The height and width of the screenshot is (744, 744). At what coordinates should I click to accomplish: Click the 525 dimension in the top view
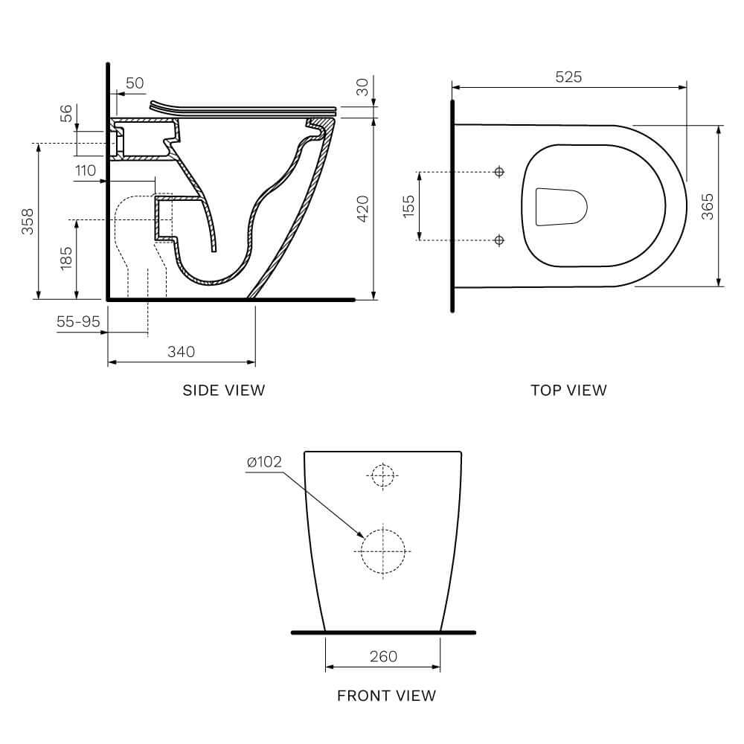point(569,77)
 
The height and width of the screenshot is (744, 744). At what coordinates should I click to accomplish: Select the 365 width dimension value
point(707,206)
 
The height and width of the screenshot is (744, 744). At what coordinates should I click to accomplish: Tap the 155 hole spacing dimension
point(408,206)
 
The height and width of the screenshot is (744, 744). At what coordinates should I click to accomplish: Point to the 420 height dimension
point(363,209)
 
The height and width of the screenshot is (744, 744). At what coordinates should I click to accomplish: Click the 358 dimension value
point(28,221)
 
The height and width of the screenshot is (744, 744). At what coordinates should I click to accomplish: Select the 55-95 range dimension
point(78,321)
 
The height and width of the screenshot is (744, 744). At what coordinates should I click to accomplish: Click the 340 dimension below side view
point(181,352)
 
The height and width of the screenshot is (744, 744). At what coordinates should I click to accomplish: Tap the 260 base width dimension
point(383,656)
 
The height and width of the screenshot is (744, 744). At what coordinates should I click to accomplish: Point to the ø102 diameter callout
point(264,462)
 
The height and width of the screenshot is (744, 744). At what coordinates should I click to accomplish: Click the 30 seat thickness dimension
point(362,88)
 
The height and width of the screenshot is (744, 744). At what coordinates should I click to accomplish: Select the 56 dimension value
point(66,113)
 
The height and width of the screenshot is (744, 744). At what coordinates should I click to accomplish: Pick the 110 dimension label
point(86,170)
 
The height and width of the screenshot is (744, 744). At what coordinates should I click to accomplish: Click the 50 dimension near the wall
point(135,83)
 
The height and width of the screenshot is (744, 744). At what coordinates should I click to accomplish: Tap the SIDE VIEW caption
point(223,390)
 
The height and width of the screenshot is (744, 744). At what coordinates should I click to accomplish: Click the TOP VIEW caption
point(568,390)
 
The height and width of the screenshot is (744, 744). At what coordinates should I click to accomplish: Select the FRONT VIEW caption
point(386,696)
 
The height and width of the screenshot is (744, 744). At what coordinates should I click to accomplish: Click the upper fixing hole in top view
point(499,173)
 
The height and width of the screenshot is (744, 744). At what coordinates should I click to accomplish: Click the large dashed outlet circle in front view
point(383,551)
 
